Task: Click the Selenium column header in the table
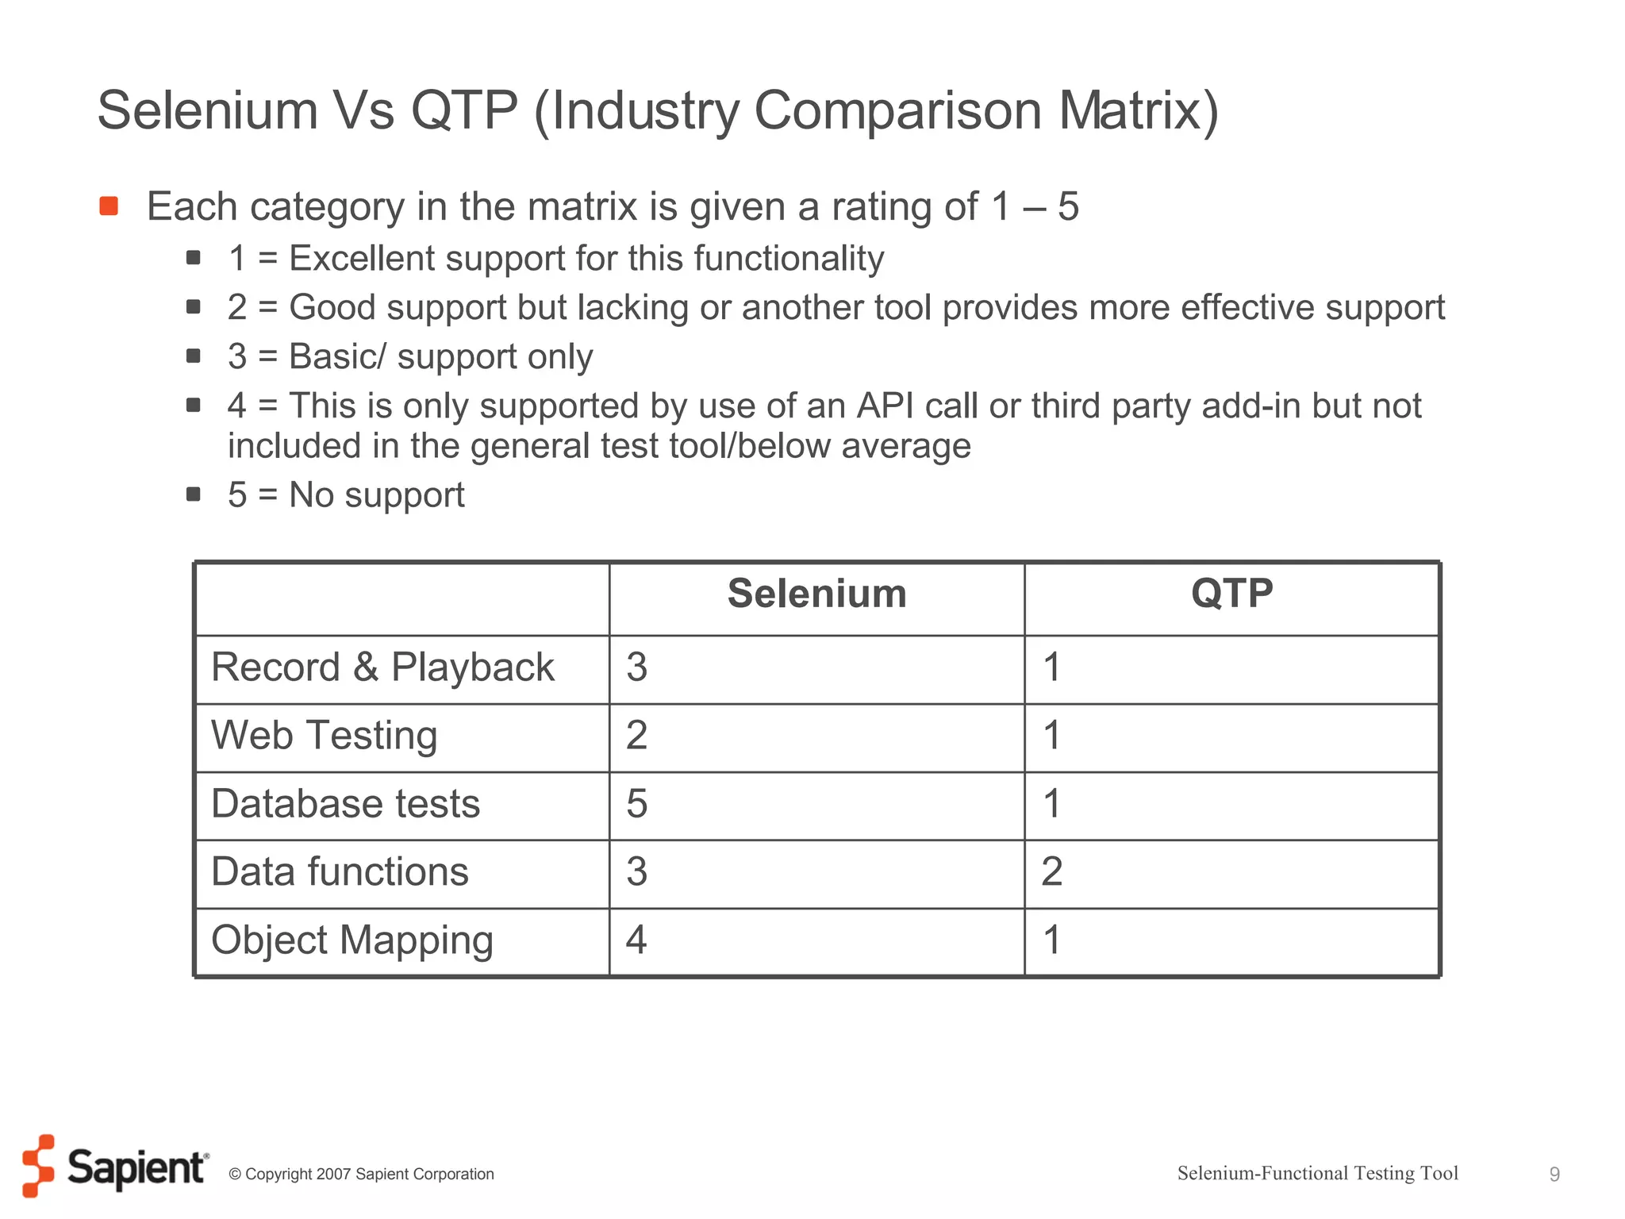[x=816, y=594]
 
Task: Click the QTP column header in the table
[x=1231, y=594]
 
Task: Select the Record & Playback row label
[x=382, y=667]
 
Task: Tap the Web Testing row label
[x=324, y=735]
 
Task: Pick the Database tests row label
[x=345, y=803]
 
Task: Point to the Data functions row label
[x=340, y=871]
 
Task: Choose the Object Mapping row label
[x=352, y=940]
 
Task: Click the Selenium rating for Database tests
[x=636, y=803]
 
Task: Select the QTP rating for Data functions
[x=1051, y=871]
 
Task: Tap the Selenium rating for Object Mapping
[x=636, y=940]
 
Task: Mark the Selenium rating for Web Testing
[x=636, y=735]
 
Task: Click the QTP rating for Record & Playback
[x=1051, y=667]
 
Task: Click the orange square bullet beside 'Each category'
[x=109, y=206]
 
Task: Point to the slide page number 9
[x=1554, y=1174]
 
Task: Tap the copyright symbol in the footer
[x=235, y=1175]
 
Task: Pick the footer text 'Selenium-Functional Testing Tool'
[x=1317, y=1173]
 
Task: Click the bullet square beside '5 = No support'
[x=193, y=494]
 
